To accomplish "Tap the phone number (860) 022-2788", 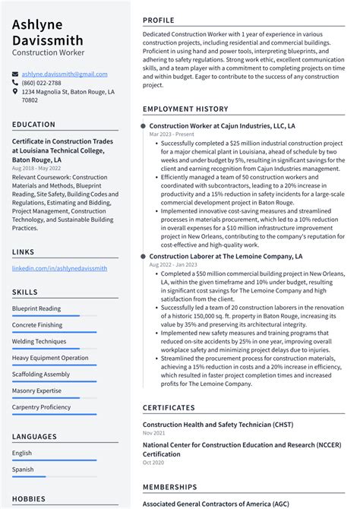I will [41, 83].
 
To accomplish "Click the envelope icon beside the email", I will [15, 74].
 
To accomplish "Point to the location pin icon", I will [15, 91].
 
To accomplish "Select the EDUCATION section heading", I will [33, 125].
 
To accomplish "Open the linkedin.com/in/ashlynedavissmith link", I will [59, 268].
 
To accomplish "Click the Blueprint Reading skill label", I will [36, 308].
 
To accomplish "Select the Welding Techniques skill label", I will [39, 341].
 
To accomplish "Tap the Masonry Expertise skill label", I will [36, 390].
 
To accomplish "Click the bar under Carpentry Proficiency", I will [53, 414].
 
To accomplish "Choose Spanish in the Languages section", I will [23, 469].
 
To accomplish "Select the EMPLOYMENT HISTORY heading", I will [185, 109].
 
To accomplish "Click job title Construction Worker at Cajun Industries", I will [222, 125].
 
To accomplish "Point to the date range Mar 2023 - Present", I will [172, 134].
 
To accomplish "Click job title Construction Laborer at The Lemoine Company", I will [226, 257].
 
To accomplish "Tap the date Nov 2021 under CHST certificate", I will [153, 432].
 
